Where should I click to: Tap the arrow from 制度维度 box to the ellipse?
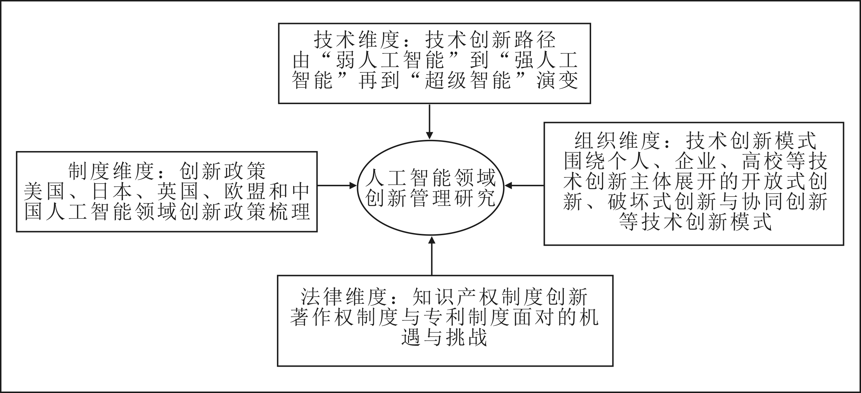337,186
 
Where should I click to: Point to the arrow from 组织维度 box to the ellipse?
524,186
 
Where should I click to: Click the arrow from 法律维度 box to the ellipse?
432,256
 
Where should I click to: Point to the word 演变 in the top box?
558,81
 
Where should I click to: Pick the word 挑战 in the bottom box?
467,337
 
